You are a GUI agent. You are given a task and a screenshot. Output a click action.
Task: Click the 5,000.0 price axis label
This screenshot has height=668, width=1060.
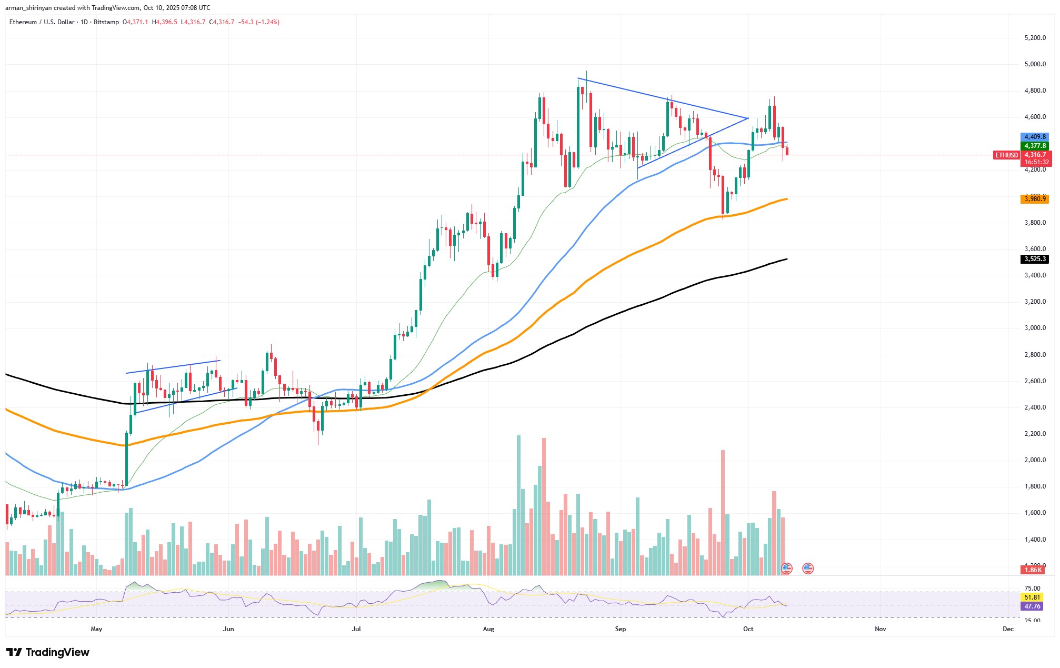[1035, 64]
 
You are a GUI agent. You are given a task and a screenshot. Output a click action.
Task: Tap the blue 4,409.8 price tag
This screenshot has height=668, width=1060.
[1035, 137]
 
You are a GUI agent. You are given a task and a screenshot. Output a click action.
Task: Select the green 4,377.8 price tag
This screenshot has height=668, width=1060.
[1035, 146]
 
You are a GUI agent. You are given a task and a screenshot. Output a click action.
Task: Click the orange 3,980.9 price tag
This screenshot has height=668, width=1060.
[1035, 199]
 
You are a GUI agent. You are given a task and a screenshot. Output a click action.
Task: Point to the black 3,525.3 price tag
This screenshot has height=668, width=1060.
[1035, 259]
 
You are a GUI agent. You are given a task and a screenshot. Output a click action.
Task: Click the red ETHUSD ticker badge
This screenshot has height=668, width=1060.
[1006, 155]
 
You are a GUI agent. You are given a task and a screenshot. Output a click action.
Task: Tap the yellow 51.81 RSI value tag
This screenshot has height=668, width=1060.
[1032, 597]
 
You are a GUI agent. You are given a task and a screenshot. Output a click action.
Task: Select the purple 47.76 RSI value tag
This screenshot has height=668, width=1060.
[1032, 606]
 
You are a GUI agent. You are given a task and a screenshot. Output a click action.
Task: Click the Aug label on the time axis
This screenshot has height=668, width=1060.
[488, 629]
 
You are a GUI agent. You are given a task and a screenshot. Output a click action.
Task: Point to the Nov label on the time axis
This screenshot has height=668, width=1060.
[880, 629]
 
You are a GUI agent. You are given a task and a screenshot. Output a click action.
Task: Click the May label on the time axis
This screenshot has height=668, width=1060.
[96, 629]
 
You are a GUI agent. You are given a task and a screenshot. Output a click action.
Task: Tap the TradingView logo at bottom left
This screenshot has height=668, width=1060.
[48, 653]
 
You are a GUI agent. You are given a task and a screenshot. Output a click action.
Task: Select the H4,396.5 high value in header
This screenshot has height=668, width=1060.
[164, 22]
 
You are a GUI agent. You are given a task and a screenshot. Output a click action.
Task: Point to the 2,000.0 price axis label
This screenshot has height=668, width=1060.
[1035, 460]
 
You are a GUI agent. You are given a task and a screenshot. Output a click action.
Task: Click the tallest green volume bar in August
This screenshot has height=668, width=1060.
[519, 505]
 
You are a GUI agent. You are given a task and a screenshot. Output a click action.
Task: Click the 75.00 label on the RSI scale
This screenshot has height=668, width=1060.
[1032, 589]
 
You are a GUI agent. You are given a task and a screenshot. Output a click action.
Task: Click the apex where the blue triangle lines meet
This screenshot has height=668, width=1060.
[748, 118]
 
